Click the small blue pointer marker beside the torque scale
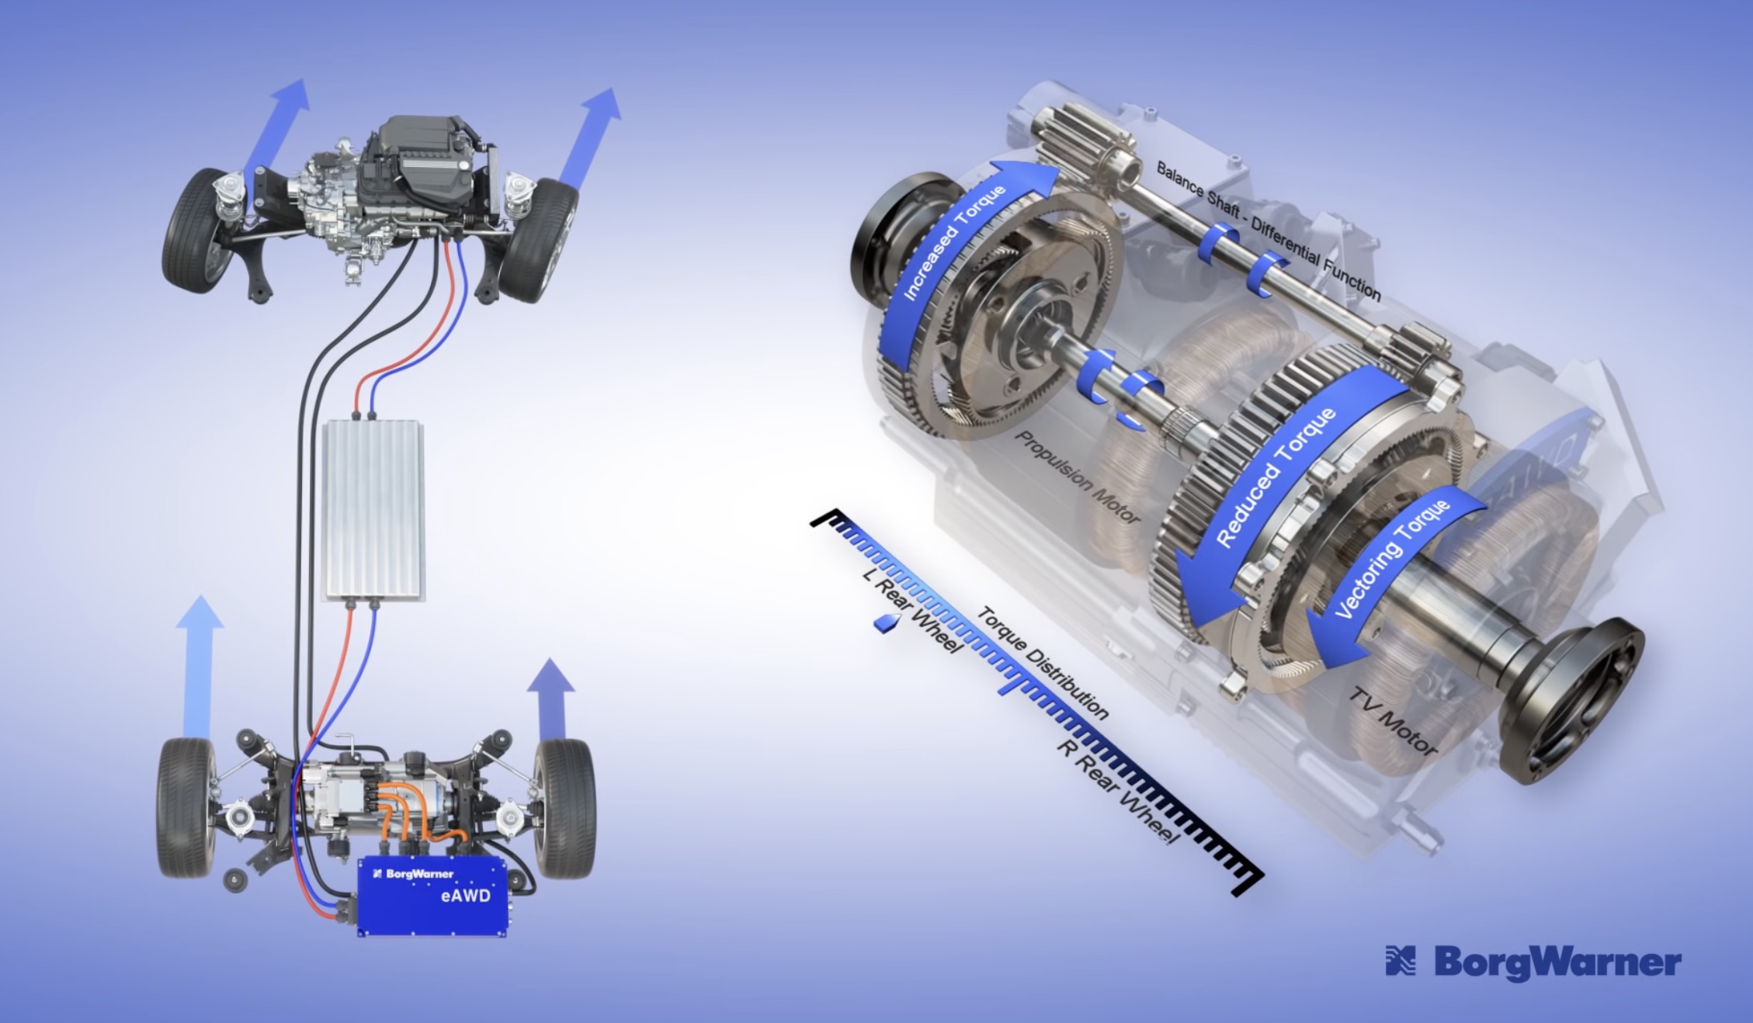[887, 622]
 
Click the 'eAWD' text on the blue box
[465, 896]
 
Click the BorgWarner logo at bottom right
[1533, 962]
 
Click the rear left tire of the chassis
[186, 807]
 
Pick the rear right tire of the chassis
[564, 807]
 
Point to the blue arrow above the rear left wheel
[200, 668]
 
